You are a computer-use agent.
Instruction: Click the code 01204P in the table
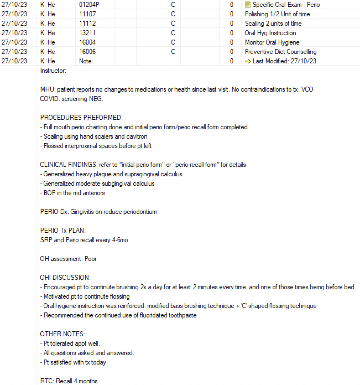[89, 5]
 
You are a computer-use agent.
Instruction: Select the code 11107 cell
[87, 14]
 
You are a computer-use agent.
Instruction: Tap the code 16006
[87, 52]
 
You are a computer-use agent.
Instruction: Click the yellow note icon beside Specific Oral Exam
[248, 5]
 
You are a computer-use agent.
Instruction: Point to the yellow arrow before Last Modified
[248, 61]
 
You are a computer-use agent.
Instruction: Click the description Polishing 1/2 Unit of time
[277, 14]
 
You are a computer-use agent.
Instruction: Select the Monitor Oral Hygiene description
[272, 42]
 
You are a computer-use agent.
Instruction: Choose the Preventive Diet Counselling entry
[280, 52]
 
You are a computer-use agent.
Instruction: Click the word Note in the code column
[85, 61]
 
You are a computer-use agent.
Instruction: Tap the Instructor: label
[53, 71]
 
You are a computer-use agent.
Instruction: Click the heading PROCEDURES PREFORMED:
[81, 118]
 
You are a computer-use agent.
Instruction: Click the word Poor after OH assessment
[91, 259]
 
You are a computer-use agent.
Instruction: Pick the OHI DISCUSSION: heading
[65, 278]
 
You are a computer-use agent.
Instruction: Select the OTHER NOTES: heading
[62, 334]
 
